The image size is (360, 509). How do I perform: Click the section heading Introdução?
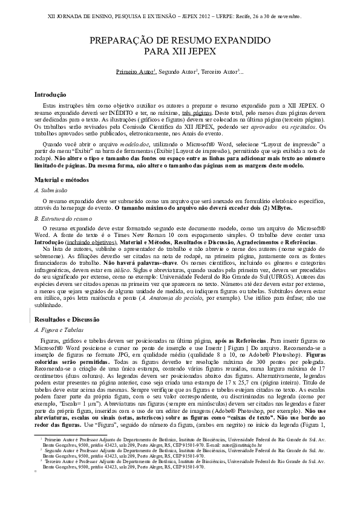(50, 95)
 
